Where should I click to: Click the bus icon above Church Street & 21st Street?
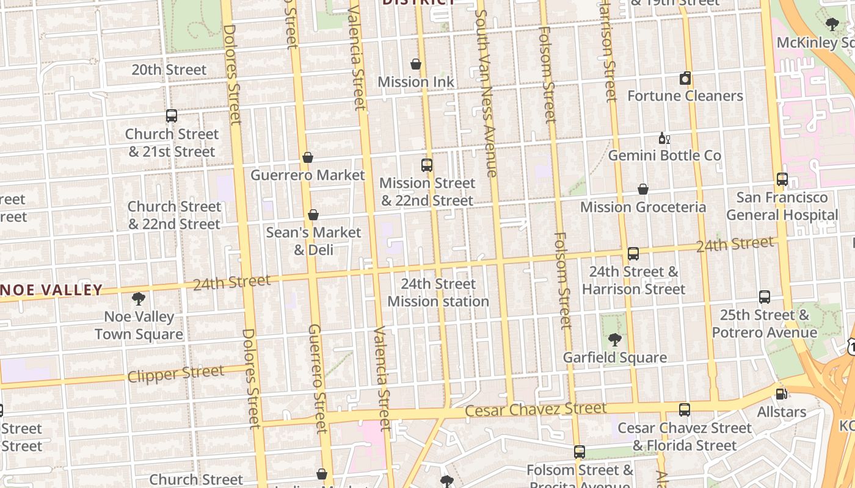pos(172,115)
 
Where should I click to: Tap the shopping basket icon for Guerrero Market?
pos(308,157)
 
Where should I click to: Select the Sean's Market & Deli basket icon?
pos(313,215)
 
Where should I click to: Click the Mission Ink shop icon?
pos(416,64)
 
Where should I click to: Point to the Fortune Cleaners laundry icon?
pos(685,78)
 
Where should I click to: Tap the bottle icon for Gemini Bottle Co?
pos(664,138)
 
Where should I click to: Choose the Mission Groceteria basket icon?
pos(643,189)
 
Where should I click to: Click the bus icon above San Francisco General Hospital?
pos(782,179)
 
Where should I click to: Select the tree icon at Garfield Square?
pos(615,340)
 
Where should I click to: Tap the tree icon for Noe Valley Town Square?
pos(139,299)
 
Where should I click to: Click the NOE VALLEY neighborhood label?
pos(51,290)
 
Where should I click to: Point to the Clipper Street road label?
pos(175,373)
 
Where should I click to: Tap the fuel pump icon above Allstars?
pos(780,394)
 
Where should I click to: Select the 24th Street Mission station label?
pos(438,293)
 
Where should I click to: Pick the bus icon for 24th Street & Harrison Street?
pos(633,253)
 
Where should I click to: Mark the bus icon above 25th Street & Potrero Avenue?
pos(765,297)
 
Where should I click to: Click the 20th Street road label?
pos(169,70)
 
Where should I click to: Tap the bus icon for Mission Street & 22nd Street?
pos(427,165)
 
